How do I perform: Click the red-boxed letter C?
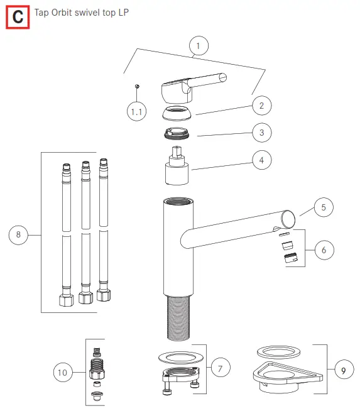18,18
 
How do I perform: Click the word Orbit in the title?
67,13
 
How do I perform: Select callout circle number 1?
199,47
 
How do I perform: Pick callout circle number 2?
261,105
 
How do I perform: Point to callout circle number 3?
261,133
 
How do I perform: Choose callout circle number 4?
261,160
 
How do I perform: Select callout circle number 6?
324,250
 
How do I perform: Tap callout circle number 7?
220,369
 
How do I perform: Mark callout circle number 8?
18,236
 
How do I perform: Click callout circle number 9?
343,371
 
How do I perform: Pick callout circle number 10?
62,373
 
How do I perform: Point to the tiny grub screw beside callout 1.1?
137,86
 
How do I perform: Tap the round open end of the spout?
288,219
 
